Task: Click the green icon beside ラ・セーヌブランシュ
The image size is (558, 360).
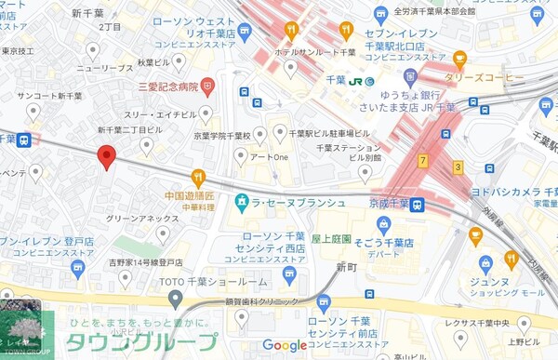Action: [x=240, y=202]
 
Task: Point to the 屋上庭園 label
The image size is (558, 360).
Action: [x=332, y=239]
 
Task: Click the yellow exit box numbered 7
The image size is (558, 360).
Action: [x=422, y=162]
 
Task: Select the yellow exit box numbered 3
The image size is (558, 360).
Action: [x=458, y=167]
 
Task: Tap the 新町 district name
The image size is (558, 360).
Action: [x=346, y=267]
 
